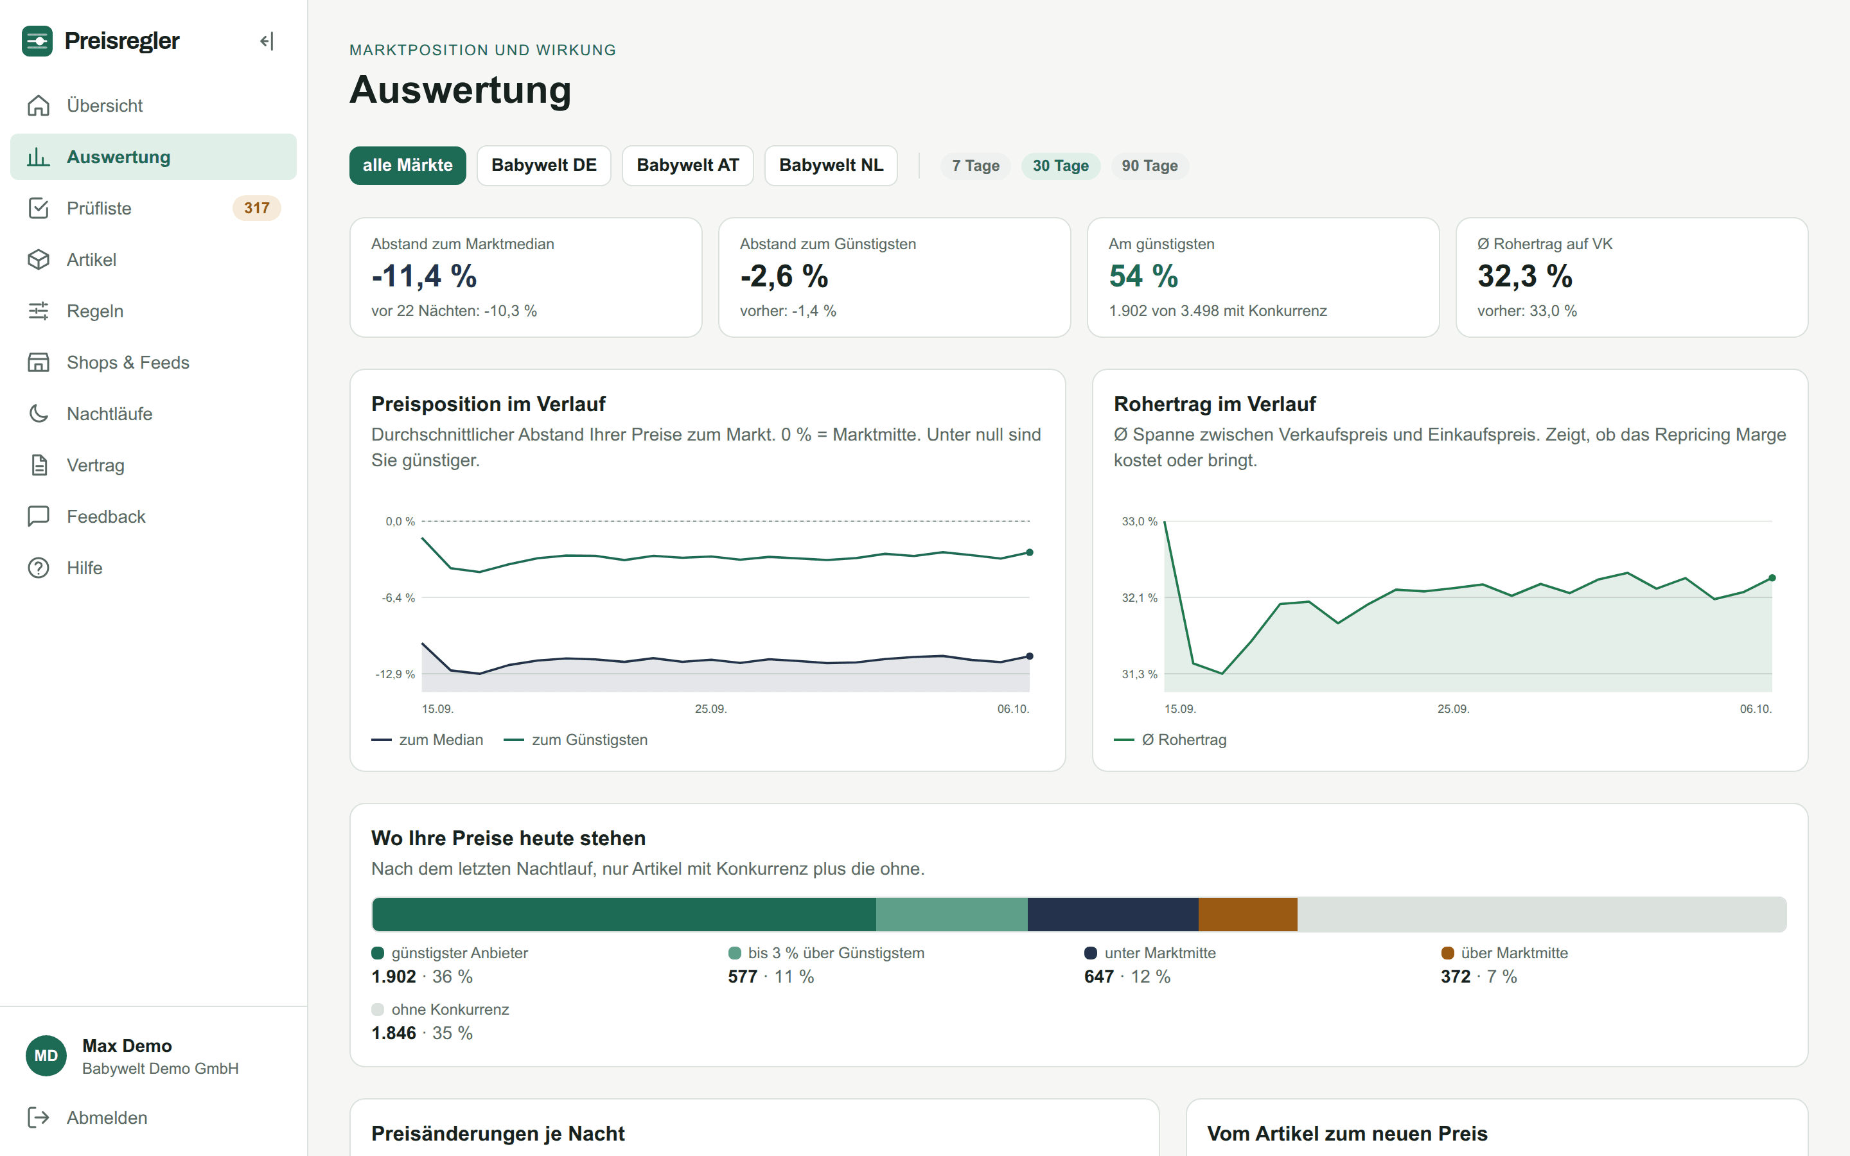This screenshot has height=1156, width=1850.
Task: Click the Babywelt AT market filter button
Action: tap(687, 165)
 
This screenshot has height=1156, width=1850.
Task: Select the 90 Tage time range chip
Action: tap(1149, 166)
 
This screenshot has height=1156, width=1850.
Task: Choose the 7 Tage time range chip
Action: tap(976, 166)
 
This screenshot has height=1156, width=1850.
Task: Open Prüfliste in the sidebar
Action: tap(99, 208)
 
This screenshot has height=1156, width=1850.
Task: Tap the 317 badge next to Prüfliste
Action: tap(257, 208)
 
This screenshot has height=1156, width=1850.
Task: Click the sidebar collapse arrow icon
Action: tap(266, 41)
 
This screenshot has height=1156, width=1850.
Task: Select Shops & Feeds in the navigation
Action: tap(128, 362)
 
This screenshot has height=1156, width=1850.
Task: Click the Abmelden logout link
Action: tap(106, 1117)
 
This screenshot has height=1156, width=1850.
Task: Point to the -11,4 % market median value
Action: tap(424, 276)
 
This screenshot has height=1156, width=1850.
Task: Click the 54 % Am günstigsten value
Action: tap(1143, 276)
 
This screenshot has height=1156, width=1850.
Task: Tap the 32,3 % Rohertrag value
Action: tap(1524, 276)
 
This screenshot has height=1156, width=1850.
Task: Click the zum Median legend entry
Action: tap(427, 740)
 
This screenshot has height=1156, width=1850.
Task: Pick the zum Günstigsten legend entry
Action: tap(576, 740)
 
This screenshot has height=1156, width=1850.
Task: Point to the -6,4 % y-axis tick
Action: tap(398, 598)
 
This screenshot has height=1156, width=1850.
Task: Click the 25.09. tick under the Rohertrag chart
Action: tap(1453, 710)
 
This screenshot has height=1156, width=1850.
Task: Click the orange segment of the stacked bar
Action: tap(1247, 915)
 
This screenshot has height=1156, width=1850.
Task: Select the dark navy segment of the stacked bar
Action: tap(1113, 915)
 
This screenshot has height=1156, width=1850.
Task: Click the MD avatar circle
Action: tap(46, 1056)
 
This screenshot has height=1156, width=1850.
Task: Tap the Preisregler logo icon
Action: tap(37, 41)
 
